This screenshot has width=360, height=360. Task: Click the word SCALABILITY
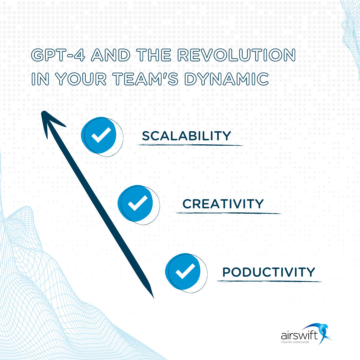(x=186, y=136)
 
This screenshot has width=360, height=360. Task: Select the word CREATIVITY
(x=223, y=204)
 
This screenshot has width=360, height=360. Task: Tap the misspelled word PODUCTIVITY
(x=268, y=272)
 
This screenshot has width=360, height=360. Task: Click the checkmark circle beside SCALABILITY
(x=100, y=135)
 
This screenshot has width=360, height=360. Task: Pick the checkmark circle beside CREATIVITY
(x=136, y=203)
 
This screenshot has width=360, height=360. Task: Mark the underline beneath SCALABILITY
(x=190, y=145)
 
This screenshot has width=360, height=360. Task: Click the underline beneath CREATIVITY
(x=228, y=213)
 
